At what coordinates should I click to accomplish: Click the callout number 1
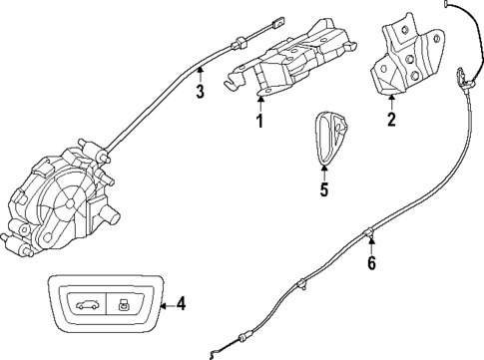[x=258, y=122]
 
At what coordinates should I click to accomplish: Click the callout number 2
[x=391, y=122]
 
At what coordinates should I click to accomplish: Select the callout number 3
[x=200, y=94]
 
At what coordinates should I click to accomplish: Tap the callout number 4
[x=181, y=304]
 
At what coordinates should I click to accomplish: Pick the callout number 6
[x=371, y=263]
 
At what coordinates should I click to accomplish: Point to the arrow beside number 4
[x=162, y=304]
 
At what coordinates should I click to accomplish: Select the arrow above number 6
[x=371, y=241]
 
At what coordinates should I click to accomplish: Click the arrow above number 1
[x=258, y=101]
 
